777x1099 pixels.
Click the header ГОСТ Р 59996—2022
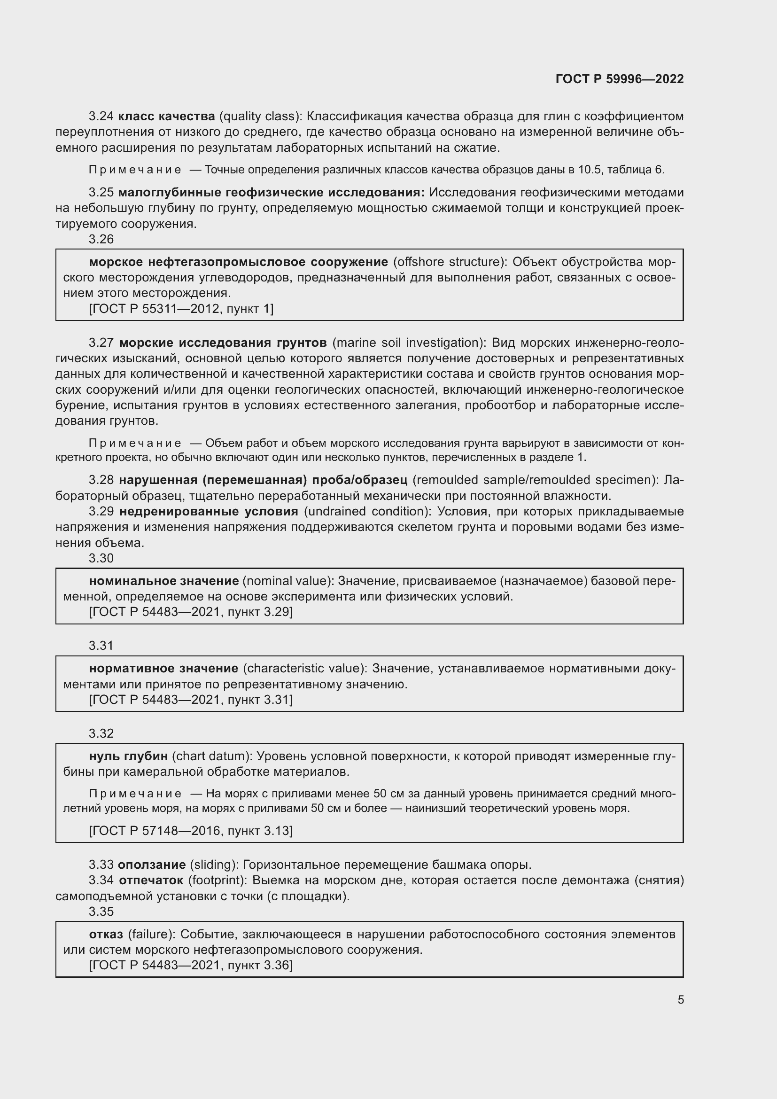point(619,79)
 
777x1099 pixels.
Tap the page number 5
point(680,999)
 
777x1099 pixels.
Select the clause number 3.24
point(101,117)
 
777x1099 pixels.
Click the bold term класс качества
point(166,117)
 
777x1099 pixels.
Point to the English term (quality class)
point(260,117)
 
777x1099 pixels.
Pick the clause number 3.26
point(101,239)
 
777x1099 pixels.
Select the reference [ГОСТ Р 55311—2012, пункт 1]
point(181,309)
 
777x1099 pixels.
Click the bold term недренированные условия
point(209,512)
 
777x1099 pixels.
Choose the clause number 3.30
point(101,558)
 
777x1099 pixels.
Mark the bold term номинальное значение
point(163,581)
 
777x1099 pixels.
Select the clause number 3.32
point(101,733)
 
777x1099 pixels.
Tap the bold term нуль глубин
point(128,756)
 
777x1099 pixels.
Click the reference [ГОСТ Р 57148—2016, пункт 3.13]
point(190,830)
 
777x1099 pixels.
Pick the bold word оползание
point(152,865)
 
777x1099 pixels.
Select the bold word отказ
point(106,935)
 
